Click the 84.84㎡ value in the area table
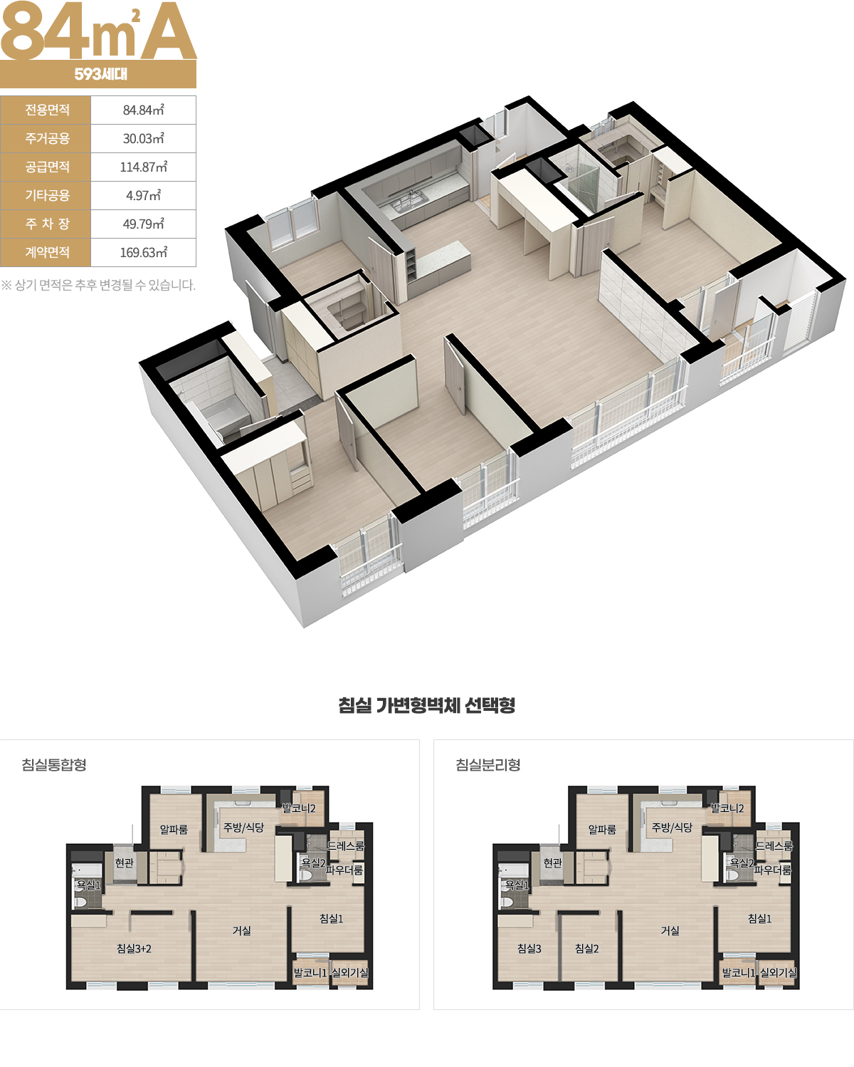point(143,110)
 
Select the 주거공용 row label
point(47,138)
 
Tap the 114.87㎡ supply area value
point(143,167)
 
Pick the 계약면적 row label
point(47,252)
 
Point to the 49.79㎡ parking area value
point(143,224)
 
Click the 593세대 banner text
point(100,74)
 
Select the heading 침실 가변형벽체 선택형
point(426,705)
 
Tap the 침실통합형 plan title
point(54,764)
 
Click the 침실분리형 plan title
point(488,764)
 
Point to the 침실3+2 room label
point(134,949)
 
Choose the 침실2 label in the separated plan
point(587,949)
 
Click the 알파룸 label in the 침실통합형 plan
point(174,829)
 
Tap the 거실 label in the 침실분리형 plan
point(670,931)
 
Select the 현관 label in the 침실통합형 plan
point(125,863)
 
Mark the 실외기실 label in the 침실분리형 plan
point(779,972)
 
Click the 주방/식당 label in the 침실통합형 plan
point(243,827)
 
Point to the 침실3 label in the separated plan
point(529,949)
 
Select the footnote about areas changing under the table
point(98,285)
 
